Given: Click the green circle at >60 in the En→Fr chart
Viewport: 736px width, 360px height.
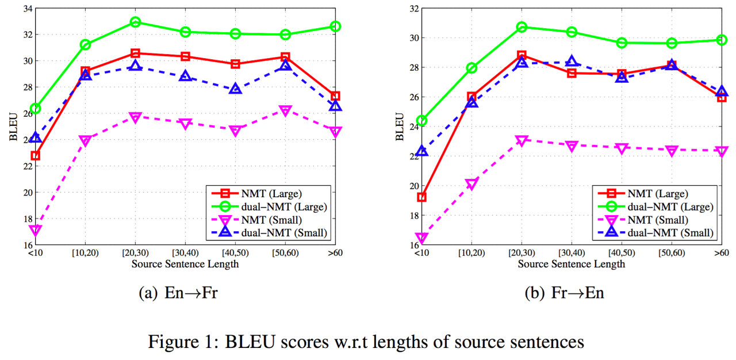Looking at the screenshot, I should tap(336, 26).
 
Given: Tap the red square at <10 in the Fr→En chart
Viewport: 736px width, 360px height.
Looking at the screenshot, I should tap(422, 197).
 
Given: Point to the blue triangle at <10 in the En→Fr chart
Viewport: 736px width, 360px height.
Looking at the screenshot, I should tap(36, 137).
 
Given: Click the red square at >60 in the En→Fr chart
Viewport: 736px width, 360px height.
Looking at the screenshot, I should tap(336, 96).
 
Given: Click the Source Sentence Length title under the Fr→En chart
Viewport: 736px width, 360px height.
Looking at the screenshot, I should tap(572, 264).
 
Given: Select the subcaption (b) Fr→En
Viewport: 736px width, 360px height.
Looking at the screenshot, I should tap(565, 293).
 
